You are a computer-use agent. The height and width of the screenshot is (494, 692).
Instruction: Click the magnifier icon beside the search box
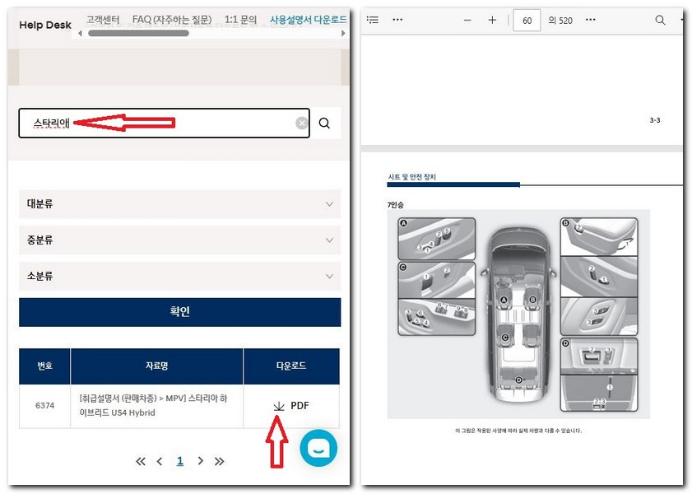(x=324, y=123)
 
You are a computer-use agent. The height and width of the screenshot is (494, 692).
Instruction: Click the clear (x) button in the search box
(x=302, y=123)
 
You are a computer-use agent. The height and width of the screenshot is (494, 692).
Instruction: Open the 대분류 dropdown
(x=179, y=203)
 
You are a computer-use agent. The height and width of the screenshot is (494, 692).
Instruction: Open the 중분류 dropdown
(x=179, y=240)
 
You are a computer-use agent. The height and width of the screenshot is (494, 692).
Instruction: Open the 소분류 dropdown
(x=179, y=276)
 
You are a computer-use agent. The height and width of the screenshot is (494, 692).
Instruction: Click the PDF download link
(x=291, y=406)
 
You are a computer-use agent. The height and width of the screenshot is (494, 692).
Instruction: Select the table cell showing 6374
(x=44, y=406)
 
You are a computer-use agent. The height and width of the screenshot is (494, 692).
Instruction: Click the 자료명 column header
(x=156, y=366)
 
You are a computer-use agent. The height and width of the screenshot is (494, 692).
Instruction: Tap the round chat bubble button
(x=318, y=447)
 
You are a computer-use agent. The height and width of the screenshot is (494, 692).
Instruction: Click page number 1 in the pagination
(x=180, y=461)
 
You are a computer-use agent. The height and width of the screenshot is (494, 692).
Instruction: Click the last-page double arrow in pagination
(x=220, y=461)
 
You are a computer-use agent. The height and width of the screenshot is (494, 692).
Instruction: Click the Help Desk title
(x=45, y=25)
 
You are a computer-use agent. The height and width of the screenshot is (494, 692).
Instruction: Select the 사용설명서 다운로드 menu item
(x=308, y=19)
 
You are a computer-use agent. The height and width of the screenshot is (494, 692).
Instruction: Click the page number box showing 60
(x=527, y=20)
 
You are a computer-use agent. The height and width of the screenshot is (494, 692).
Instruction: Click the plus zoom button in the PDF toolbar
(x=492, y=20)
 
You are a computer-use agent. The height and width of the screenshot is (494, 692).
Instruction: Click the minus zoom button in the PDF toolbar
(x=467, y=20)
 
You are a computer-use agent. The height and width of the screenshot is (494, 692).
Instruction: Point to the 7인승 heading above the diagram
(x=396, y=203)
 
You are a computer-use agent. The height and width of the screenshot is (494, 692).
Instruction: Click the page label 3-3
(x=654, y=120)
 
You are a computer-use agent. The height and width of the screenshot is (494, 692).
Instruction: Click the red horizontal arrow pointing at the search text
(x=123, y=123)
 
